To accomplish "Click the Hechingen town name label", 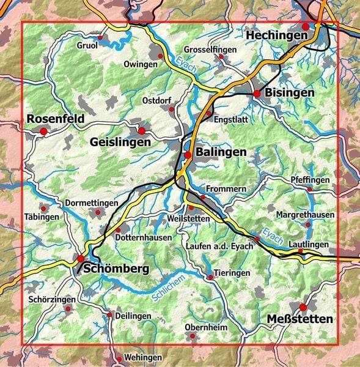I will pyautogui.click(x=276, y=36).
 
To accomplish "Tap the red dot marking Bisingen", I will pyautogui.click(x=257, y=93).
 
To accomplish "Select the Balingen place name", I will pyautogui.click(x=221, y=152).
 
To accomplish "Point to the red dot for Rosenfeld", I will pyautogui.click(x=43, y=131).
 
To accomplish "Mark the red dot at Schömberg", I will pyautogui.click(x=80, y=258).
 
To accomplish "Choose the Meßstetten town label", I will pyautogui.click(x=300, y=319).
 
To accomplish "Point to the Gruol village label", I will pyautogui.click(x=87, y=45).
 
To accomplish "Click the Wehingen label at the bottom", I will pyautogui.click(x=142, y=357).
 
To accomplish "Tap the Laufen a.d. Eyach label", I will pyautogui.click(x=217, y=246).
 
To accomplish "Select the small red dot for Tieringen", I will pyautogui.click(x=210, y=277).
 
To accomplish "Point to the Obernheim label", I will pyautogui.click(x=205, y=328).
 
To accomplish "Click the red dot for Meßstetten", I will pyautogui.click(x=303, y=307).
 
